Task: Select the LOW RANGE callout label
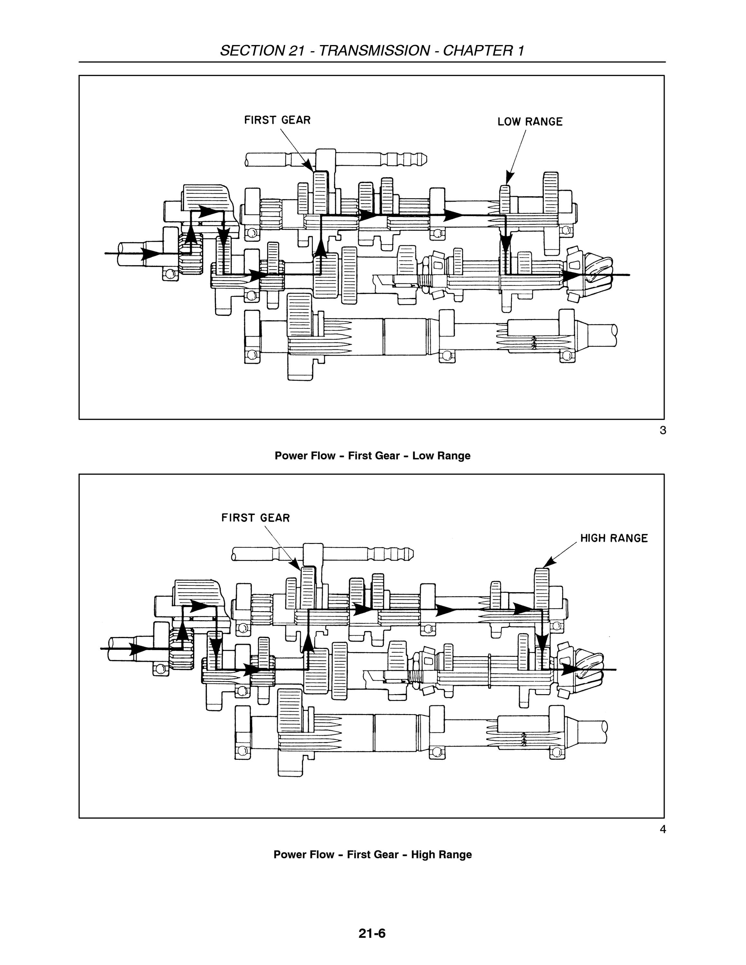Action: (530, 122)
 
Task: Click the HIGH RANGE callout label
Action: (614, 538)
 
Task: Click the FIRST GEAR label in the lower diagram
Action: (256, 518)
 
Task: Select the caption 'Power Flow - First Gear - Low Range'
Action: (373, 455)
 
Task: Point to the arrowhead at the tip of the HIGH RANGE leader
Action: (548, 562)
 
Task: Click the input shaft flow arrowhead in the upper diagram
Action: (151, 253)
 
